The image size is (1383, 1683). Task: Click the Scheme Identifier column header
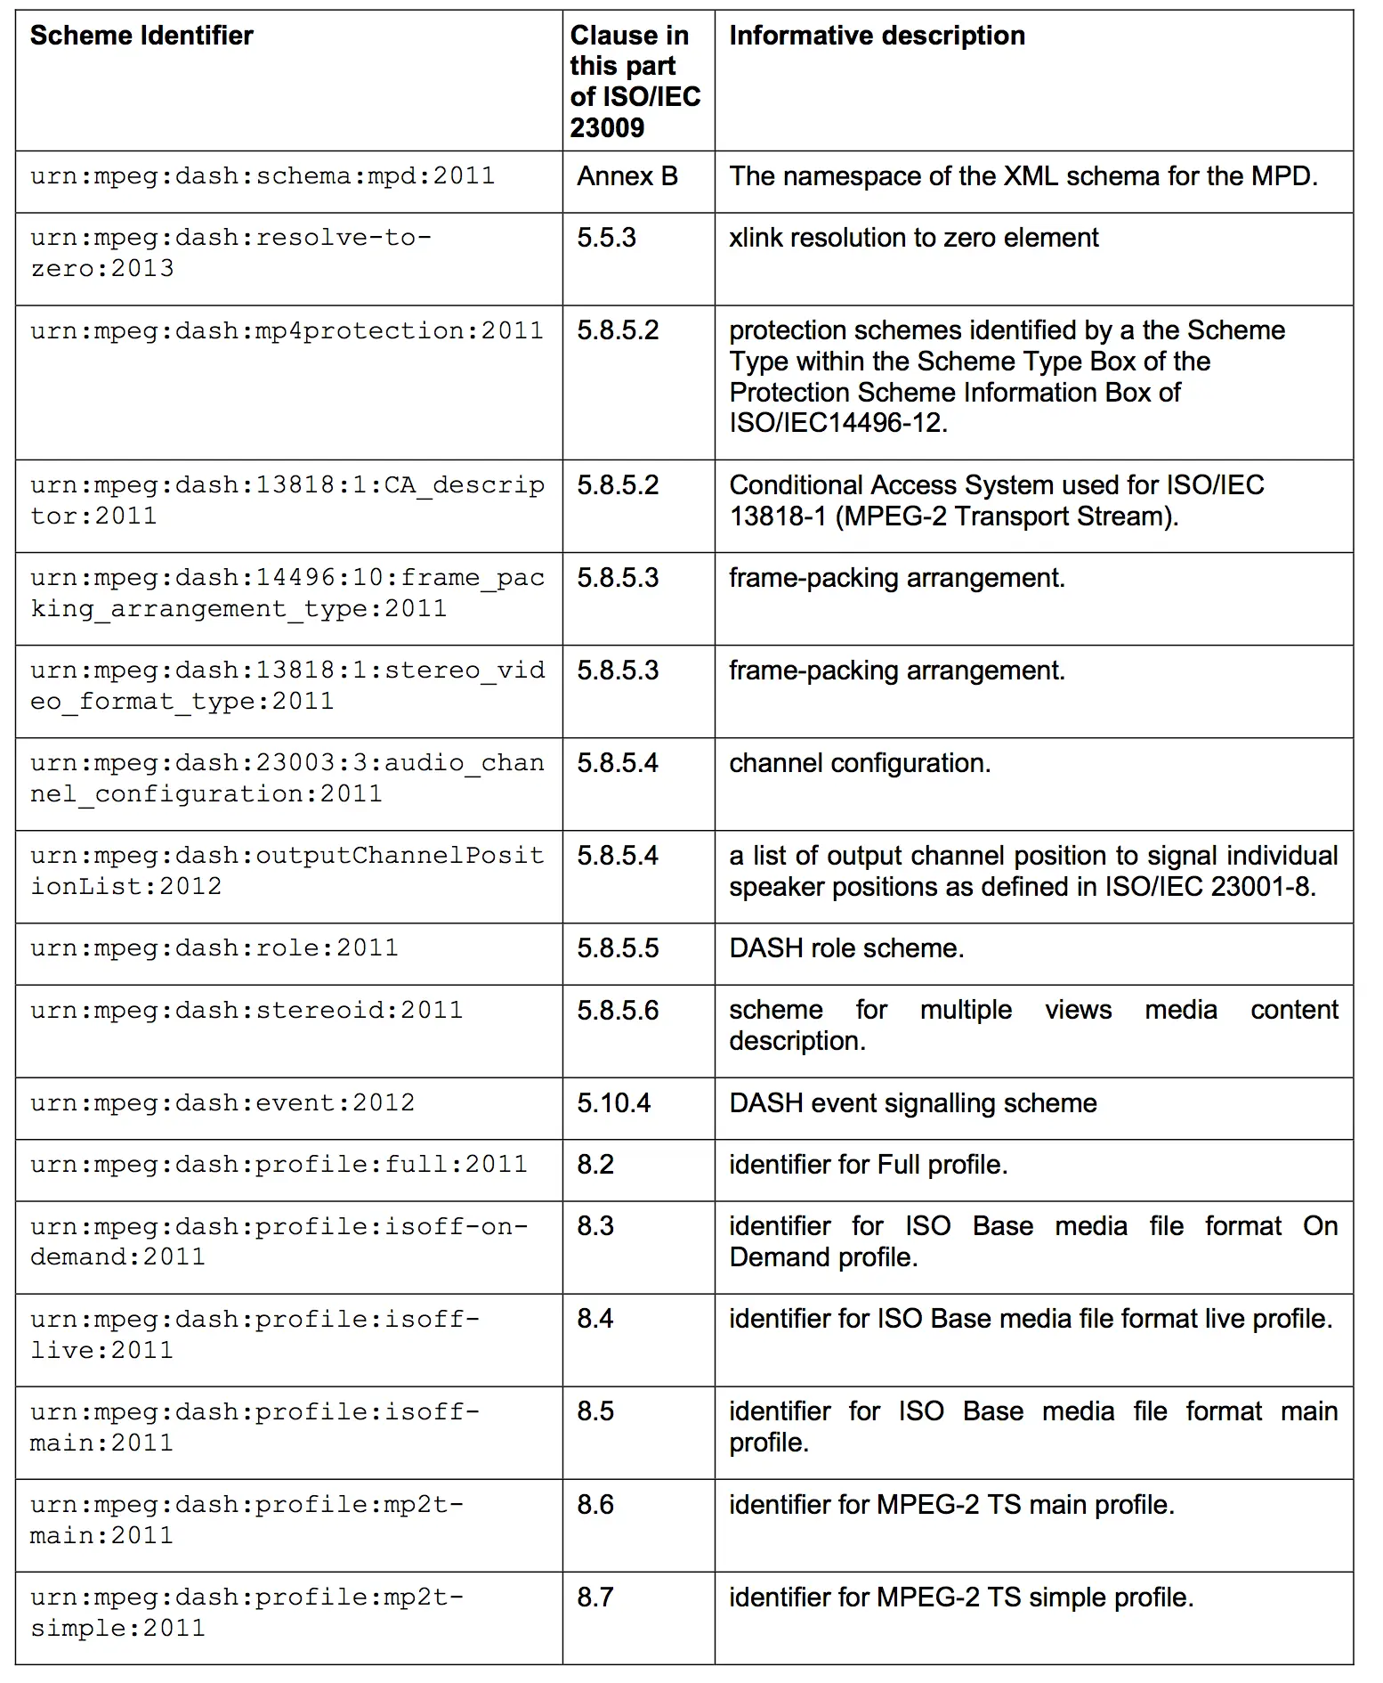coord(142,36)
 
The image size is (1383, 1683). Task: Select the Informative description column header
coord(877,36)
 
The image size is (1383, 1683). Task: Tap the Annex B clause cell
coord(627,176)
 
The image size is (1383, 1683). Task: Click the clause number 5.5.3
coord(606,238)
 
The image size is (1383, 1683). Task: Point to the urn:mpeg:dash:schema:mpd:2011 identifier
coord(263,176)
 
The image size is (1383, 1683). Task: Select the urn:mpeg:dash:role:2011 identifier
coord(214,948)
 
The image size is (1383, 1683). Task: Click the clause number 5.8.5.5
coord(618,948)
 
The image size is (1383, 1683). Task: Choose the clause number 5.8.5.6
coord(618,1011)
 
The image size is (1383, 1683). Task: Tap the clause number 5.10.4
coord(613,1103)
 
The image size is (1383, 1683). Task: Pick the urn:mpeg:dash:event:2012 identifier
coord(222,1103)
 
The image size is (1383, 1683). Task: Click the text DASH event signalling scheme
coord(912,1103)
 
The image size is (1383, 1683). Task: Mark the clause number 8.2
coord(595,1165)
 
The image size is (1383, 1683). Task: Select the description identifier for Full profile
coord(868,1165)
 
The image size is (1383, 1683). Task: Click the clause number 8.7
coord(595,1598)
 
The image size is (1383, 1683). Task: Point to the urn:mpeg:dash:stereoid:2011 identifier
coord(247,1011)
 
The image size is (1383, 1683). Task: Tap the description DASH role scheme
coord(846,948)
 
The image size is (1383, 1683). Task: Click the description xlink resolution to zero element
coord(913,238)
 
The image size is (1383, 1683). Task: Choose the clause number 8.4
coord(595,1319)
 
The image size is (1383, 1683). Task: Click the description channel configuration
coord(859,763)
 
